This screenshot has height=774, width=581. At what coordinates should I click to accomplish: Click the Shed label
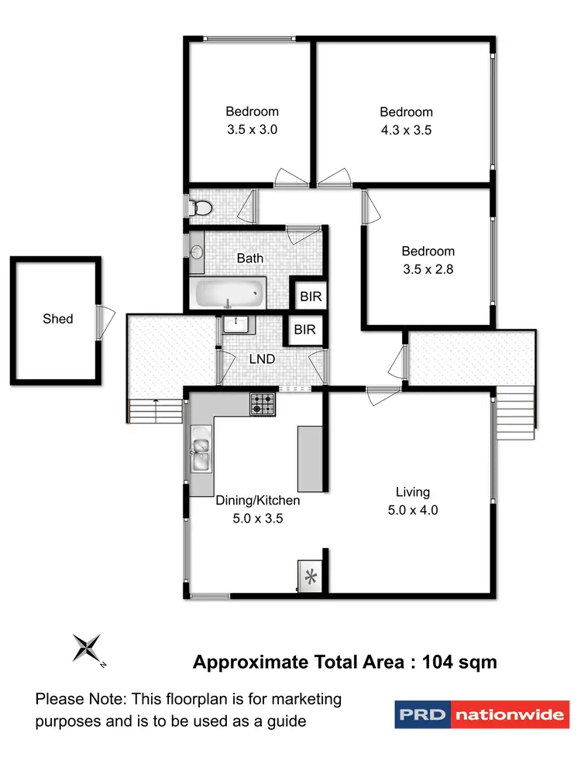[58, 319]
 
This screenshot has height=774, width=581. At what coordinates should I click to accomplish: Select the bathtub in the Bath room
[229, 293]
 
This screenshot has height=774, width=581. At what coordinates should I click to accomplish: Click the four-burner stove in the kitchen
[262, 403]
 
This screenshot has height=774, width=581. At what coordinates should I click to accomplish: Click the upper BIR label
[305, 296]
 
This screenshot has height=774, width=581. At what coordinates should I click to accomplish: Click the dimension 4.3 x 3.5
[406, 130]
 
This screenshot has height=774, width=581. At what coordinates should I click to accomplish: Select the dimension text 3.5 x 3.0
[252, 130]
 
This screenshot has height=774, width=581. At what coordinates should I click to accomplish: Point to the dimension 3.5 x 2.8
[428, 269]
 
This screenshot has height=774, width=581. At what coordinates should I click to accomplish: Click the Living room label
[412, 491]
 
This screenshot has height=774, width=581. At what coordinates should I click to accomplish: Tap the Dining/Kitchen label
[257, 501]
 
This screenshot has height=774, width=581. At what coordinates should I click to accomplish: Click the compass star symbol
[86, 647]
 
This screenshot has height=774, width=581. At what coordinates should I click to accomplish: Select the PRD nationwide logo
[481, 714]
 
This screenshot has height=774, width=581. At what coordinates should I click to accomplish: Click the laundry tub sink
[235, 324]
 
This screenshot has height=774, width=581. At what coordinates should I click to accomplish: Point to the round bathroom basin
[197, 252]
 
